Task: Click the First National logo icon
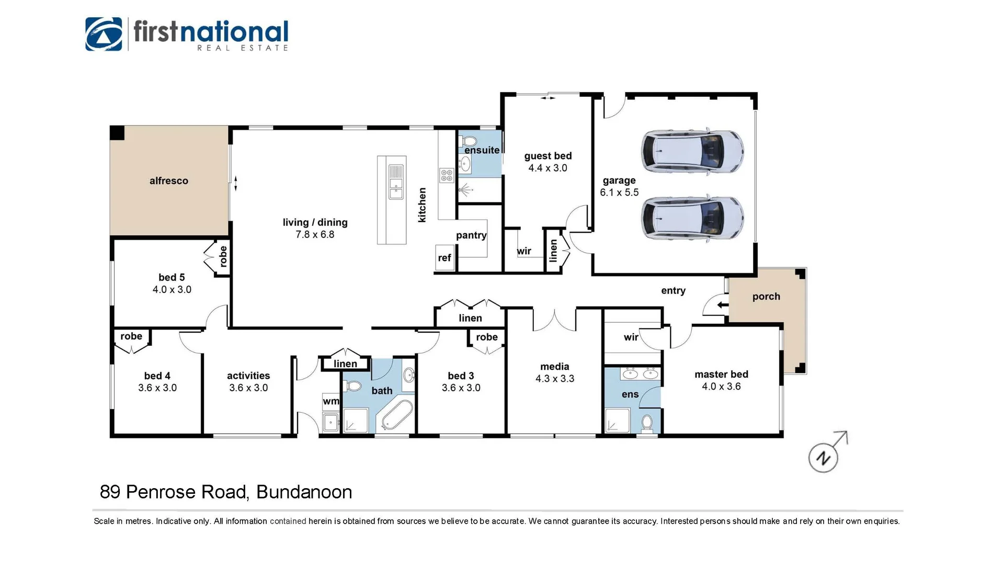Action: [x=104, y=34]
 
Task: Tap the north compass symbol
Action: [x=824, y=457]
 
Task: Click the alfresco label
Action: [x=168, y=181]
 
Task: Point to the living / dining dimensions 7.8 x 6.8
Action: [x=315, y=235]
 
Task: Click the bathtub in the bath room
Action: [x=397, y=415]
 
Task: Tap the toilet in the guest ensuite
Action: [x=469, y=141]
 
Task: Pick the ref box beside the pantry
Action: [x=444, y=258]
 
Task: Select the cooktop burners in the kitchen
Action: [x=447, y=175]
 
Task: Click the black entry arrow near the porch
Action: [x=722, y=305]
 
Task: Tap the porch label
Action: [x=766, y=297]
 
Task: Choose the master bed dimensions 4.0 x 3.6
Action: [x=721, y=387]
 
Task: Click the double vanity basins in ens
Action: [x=640, y=374]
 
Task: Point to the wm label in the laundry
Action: [x=330, y=401]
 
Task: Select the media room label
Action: [x=554, y=367]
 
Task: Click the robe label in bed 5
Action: [x=223, y=256]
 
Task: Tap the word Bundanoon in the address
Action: [x=304, y=492]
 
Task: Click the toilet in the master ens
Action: [x=647, y=422]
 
